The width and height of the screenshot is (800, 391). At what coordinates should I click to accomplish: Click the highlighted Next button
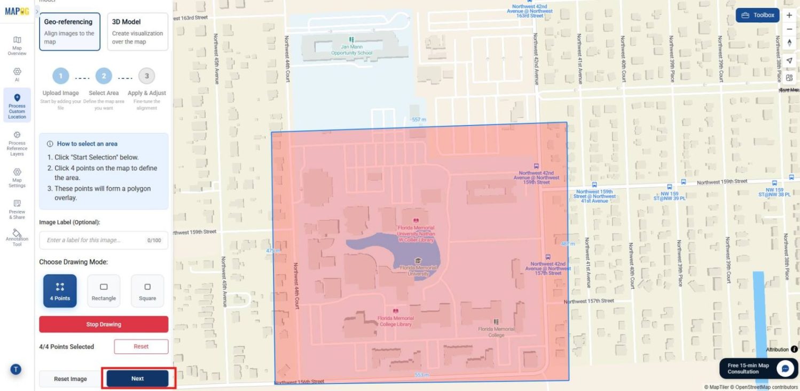tap(138, 378)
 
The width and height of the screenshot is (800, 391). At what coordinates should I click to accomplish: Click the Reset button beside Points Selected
tap(141, 346)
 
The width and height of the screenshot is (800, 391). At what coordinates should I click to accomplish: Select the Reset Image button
tap(70, 379)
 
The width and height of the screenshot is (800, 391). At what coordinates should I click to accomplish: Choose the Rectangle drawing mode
tap(104, 291)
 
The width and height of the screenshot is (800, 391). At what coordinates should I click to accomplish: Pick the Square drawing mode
tap(147, 291)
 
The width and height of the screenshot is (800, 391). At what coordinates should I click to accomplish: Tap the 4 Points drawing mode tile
tap(60, 291)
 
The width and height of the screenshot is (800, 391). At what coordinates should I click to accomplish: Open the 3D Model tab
tap(138, 32)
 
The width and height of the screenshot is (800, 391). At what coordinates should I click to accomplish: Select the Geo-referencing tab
tap(69, 32)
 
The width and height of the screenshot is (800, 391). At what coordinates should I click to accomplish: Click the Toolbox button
tap(757, 15)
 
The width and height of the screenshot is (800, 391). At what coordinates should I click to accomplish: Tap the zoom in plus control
tap(789, 15)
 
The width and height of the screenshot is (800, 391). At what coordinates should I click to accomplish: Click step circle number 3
tap(147, 76)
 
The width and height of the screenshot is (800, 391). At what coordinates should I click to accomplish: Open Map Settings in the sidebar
tap(17, 177)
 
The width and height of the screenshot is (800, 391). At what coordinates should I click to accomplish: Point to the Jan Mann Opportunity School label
tap(351, 50)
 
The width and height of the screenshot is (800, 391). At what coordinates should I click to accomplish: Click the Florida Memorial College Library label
tap(395, 320)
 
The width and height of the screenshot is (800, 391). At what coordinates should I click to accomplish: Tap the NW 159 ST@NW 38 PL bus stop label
tap(774, 192)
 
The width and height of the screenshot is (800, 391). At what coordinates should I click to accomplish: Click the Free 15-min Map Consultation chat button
tap(758, 368)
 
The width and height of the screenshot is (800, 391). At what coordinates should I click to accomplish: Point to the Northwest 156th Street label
tap(299, 382)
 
